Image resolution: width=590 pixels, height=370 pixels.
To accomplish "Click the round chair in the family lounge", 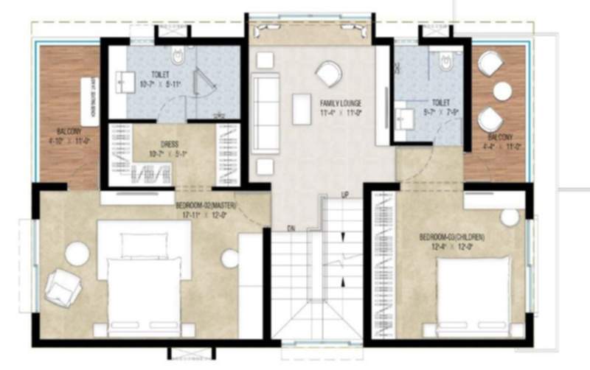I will tap(327, 73).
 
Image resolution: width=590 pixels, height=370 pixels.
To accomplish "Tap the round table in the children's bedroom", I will tap(510, 217).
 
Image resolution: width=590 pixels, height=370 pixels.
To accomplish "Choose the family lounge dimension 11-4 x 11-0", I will tap(341, 113).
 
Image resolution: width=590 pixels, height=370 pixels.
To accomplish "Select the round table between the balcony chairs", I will tap(502, 91).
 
